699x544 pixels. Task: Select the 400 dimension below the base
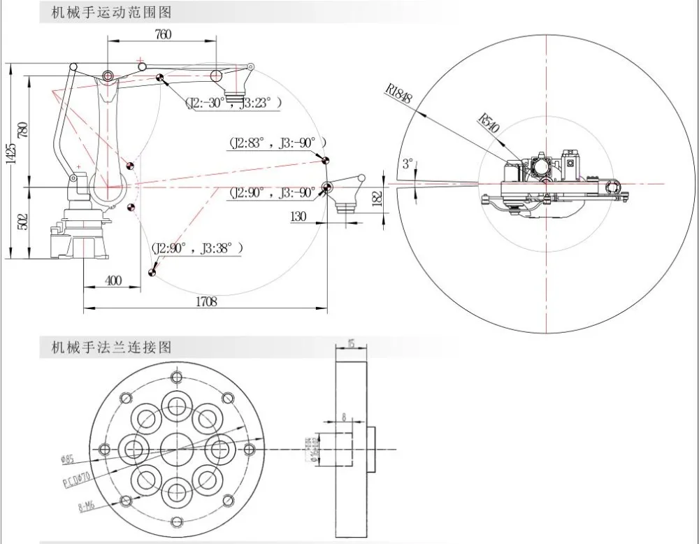tap(113, 280)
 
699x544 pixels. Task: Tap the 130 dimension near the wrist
tap(298, 217)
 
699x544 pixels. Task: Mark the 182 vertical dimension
tap(378, 199)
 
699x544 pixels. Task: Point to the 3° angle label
tap(408, 164)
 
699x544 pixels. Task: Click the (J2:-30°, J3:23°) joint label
tap(233, 103)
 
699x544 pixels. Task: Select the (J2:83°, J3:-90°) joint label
tap(277, 142)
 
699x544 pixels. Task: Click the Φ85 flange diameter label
tap(68, 459)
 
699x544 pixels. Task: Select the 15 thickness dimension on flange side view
tap(351, 343)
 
